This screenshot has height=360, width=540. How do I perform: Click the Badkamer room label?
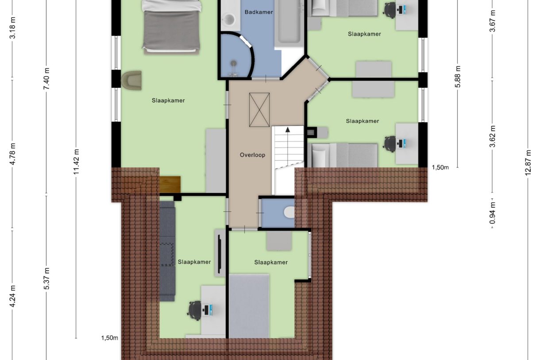[258, 12]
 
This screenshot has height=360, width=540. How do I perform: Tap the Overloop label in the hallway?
[252, 155]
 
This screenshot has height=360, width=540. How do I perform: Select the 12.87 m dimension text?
[528, 163]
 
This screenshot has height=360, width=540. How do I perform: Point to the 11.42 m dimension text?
[76, 162]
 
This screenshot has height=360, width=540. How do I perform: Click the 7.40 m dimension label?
[46, 79]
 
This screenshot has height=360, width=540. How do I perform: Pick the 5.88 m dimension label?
[458, 77]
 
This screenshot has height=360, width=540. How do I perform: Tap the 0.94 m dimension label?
[493, 213]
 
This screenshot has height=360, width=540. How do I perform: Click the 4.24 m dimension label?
[13, 296]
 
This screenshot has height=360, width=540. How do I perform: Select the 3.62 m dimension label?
[493, 136]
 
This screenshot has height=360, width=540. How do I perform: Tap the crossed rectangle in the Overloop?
[259, 110]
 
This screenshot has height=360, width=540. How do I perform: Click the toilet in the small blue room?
[289, 213]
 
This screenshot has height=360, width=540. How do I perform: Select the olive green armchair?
[131, 80]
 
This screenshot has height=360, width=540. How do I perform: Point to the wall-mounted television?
[220, 254]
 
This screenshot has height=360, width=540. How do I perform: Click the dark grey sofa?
[167, 251]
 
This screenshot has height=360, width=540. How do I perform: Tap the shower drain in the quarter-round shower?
[233, 63]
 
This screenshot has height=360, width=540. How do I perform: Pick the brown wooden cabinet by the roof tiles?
[170, 185]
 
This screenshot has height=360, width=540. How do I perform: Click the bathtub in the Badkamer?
[289, 23]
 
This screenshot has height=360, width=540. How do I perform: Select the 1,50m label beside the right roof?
[440, 167]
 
